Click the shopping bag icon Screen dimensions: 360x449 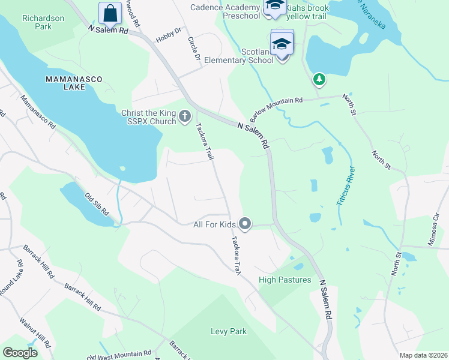(110, 12)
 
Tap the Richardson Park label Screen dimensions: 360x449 (43, 23)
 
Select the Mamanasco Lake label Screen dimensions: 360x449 (73, 83)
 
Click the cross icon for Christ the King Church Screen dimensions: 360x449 (185, 116)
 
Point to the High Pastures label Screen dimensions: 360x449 (285, 280)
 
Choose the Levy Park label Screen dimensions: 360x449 (228, 331)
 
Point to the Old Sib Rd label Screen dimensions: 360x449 (96, 204)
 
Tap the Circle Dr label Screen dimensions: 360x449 (193, 51)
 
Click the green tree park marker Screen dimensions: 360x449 (319, 79)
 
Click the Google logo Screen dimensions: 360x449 (20, 353)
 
